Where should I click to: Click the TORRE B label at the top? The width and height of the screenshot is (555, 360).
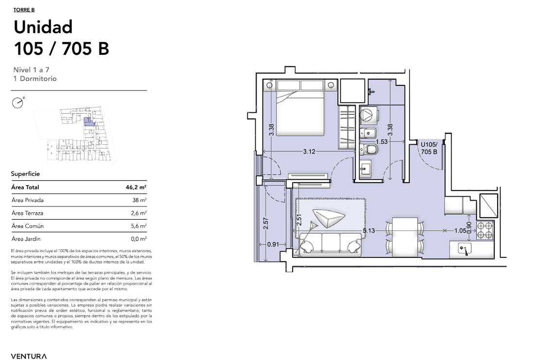[24, 10]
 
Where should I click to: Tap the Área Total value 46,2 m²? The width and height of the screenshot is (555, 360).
[136, 187]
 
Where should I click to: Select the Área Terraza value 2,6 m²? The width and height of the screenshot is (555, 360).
[139, 213]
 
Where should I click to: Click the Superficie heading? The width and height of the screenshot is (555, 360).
[25, 174]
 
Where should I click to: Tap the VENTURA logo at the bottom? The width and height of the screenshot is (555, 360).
[29, 356]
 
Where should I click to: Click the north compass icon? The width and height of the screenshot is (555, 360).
[17, 103]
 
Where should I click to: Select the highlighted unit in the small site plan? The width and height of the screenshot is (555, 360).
[89, 122]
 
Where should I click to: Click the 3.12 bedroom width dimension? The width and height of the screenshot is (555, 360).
[309, 152]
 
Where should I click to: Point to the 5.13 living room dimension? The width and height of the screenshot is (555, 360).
[369, 231]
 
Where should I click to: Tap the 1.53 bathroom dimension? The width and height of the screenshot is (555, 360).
[382, 141]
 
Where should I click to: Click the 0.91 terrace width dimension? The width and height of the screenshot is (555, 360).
[273, 244]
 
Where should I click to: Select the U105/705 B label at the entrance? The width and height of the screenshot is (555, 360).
[429, 148]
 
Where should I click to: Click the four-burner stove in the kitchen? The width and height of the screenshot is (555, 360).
[485, 230]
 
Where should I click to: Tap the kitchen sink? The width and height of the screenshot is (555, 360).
[465, 249]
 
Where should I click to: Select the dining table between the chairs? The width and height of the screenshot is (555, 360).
[405, 237]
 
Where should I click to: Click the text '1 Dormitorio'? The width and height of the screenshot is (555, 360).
[35, 79]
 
